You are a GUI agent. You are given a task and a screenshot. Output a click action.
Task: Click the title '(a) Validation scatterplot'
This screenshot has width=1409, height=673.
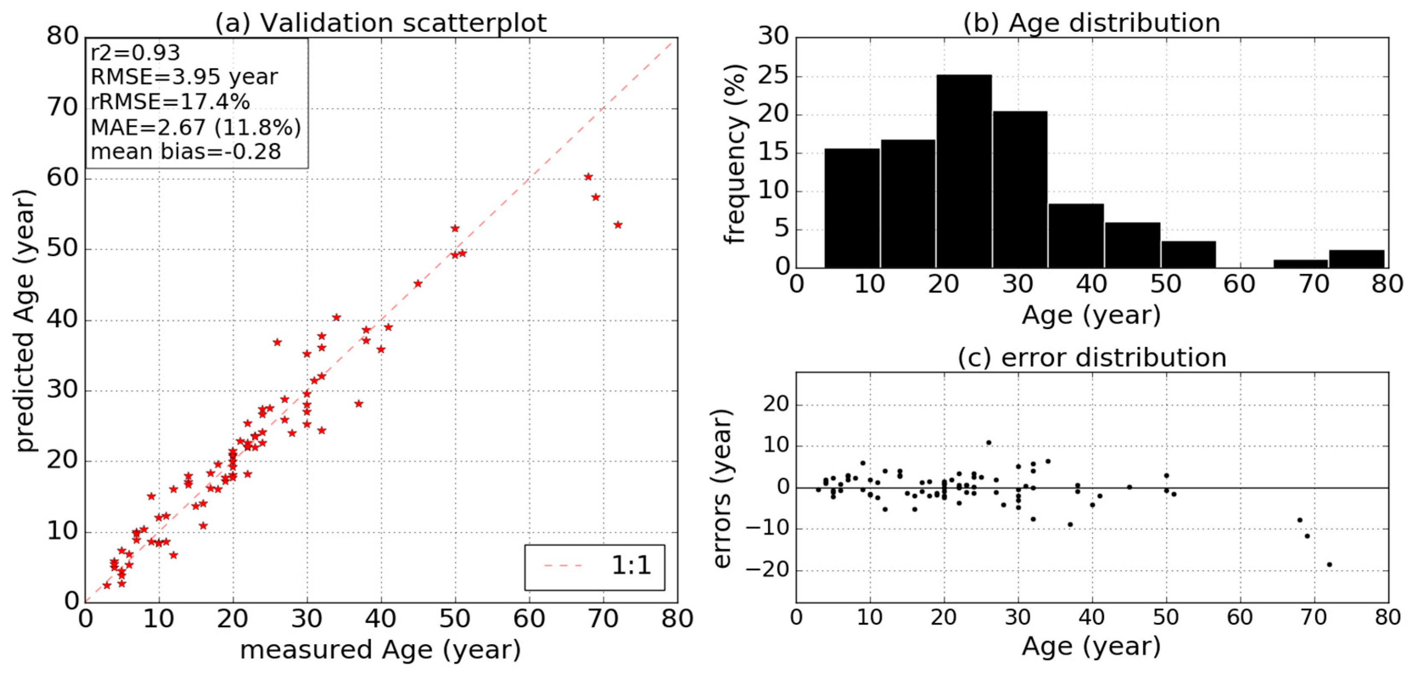point(381,23)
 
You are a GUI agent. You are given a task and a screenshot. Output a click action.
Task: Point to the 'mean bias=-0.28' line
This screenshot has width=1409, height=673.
point(186,151)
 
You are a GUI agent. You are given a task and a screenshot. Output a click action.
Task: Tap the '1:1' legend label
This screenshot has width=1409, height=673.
point(631,565)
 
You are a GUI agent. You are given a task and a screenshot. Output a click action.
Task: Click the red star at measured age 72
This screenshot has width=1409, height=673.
point(618,225)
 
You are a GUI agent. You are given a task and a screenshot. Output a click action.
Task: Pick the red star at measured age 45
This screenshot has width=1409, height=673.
point(418,284)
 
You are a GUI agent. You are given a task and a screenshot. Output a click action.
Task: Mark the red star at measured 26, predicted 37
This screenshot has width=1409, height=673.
point(277,342)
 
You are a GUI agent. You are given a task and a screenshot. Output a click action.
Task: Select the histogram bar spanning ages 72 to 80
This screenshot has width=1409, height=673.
point(1356,259)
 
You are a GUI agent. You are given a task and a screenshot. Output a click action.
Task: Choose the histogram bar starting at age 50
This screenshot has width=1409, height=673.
point(1188,254)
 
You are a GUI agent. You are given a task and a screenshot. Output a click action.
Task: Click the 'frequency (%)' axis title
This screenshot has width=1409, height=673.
point(735,153)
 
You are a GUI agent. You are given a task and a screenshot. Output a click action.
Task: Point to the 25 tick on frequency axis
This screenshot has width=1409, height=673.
point(773,76)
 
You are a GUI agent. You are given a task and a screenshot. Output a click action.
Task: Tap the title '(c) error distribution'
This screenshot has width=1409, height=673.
point(1092,358)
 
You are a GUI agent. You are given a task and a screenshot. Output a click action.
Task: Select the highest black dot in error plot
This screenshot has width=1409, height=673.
point(988,443)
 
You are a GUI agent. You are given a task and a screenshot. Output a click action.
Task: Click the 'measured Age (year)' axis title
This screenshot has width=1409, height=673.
point(381,650)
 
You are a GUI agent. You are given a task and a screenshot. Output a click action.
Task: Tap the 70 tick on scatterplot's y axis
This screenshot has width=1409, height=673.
point(62,108)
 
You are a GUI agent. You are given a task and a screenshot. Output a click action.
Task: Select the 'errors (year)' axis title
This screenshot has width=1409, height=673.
point(722,488)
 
